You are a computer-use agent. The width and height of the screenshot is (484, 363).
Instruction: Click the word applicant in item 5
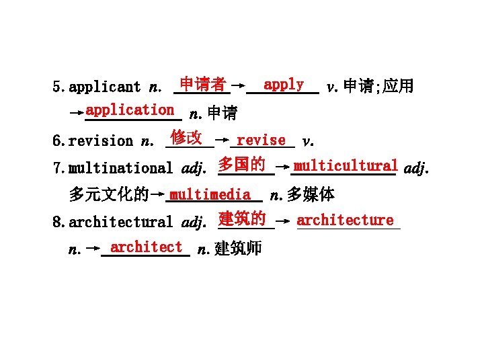pyautogui.click(x=105, y=87)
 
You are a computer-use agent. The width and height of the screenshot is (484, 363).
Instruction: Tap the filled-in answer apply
pyautogui.click(x=283, y=85)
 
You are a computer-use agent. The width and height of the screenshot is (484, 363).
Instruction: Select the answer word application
pyautogui.click(x=130, y=110)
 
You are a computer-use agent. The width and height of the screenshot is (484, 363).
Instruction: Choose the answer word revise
pyautogui.click(x=261, y=140)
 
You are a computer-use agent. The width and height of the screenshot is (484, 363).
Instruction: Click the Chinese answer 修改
pyautogui.click(x=186, y=138)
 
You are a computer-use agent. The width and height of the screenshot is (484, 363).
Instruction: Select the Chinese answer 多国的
pyautogui.click(x=241, y=165)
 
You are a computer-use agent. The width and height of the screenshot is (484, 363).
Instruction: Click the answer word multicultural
pyautogui.click(x=346, y=165)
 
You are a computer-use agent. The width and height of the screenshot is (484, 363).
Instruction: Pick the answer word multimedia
pyautogui.click(x=210, y=194)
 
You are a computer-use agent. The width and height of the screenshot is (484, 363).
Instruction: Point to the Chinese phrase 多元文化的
pyautogui.click(x=108, y=195)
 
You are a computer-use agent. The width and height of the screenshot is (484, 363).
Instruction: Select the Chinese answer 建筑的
pyautogui.click(x=242, y=219)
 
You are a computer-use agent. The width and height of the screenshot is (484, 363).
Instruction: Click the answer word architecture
pyautogui.click(x=345, y=220)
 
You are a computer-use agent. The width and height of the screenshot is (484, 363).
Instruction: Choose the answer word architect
pyautogui.click(x=146, y=247)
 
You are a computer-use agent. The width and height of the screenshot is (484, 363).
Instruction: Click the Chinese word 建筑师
pyautogui.click(x=239, y=249)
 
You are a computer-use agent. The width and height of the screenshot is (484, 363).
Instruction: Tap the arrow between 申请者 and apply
pyautogui.click(x=237, y=86)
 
